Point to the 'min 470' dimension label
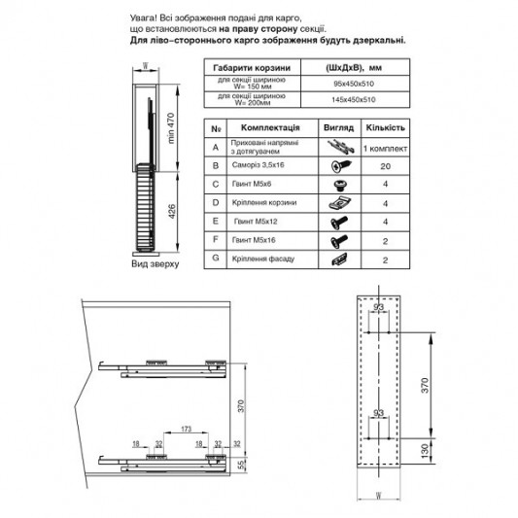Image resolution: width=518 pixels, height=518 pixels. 169,129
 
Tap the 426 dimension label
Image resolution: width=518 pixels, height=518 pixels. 169,212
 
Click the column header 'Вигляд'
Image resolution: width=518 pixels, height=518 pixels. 337,127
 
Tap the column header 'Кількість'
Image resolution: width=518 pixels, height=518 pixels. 385,127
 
